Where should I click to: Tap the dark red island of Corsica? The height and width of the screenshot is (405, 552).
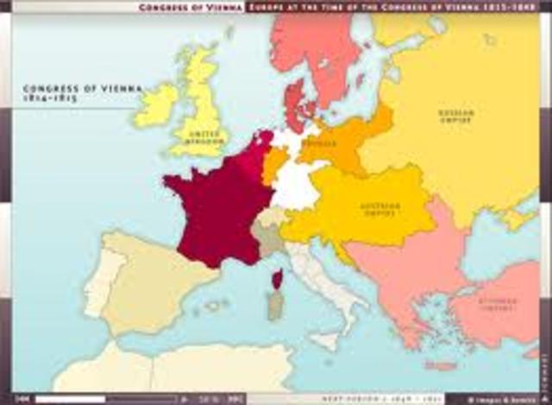(277, 279)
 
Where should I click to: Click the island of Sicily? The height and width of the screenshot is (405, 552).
(325, 340)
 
